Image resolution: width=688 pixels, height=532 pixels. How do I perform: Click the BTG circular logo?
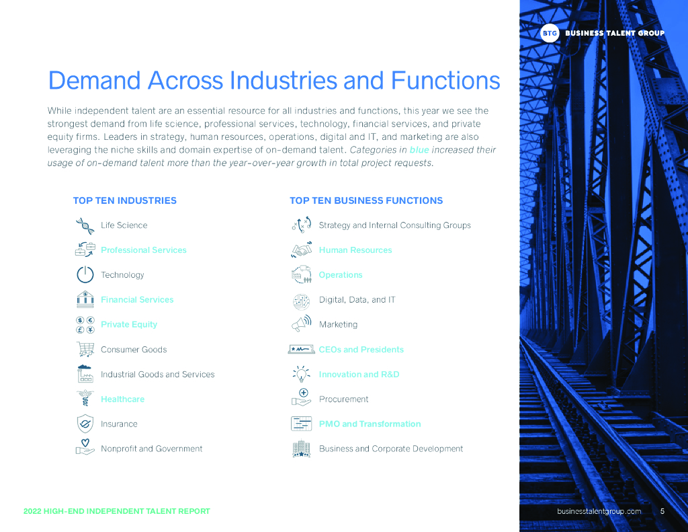click(x=550, y=33)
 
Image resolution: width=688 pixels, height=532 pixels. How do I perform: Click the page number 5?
click(x=662, y=511)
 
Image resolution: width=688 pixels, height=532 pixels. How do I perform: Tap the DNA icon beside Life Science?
click(x=85, y=225)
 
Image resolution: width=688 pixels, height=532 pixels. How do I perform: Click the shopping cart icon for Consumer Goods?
click(x=85, y=349)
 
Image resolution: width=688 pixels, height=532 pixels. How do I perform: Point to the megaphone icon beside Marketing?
click(x=301, y=324)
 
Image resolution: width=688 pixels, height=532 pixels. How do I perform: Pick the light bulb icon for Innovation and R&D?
click(x=301, y=374)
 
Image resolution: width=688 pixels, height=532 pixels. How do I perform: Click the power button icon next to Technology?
click(x=85, y=274)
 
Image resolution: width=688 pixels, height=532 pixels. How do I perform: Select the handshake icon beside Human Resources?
click(x=301, y=250)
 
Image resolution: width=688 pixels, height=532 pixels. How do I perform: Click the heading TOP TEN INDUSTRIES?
click(x=124, y=200)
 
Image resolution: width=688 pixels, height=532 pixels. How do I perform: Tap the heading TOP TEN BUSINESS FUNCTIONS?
click(x=365, y=200)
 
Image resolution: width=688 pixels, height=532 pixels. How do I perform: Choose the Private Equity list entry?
click(x=129, y=324)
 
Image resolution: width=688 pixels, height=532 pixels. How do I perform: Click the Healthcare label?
click(x=122, y=399)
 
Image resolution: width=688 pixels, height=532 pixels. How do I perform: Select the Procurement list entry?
click(x=343, y=399)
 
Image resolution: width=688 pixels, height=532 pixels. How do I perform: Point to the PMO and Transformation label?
click(x=370, y=424)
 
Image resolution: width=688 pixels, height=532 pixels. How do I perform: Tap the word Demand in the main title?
click(x=94, y=81)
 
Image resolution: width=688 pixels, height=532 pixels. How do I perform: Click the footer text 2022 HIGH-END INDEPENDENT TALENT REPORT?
click(x=116, y=511)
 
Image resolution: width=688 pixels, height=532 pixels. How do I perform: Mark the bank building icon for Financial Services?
click(x=85, y=299)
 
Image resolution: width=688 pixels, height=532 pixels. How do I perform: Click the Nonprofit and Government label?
click(x=151, y=449)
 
